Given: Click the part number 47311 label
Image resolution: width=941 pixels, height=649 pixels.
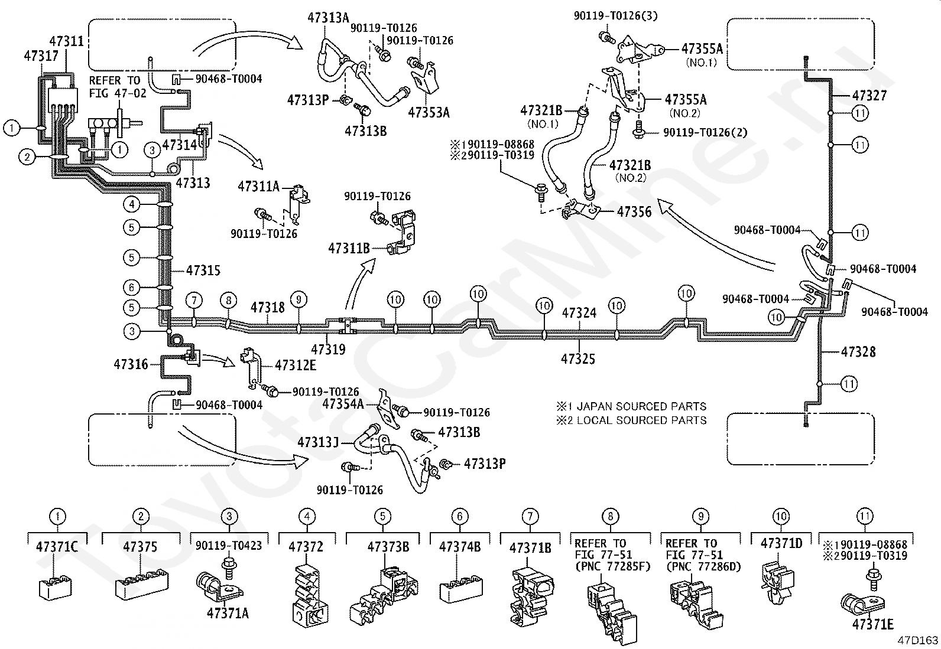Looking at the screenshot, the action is point(66,41).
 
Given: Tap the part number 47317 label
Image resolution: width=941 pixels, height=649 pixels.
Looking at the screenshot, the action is point(41,56).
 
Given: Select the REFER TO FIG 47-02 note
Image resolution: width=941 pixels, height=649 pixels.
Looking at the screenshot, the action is point(117,87).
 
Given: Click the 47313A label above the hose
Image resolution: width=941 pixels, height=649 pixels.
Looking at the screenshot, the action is point(329,18).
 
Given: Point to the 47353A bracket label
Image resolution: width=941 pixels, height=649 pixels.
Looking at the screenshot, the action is point(429,113).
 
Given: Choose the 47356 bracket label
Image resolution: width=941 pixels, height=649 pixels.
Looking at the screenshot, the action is point(634,211).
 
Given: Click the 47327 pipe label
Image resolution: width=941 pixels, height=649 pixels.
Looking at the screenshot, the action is point(869,96).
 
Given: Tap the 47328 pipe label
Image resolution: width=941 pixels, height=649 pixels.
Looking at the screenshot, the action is point(858,352).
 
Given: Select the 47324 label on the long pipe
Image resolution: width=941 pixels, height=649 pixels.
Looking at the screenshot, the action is point(579,313).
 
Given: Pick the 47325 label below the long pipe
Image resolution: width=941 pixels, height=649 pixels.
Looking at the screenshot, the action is point(578,358).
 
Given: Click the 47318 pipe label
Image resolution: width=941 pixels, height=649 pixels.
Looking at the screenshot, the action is point(268,308).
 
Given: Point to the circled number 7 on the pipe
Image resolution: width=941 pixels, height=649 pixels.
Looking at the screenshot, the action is point(194,301).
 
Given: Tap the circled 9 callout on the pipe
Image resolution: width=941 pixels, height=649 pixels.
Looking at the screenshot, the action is point(298,300).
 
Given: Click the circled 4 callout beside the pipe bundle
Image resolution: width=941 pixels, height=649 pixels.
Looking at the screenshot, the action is point(131,204).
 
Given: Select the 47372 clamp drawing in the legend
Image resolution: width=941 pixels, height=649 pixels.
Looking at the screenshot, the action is point(310,595).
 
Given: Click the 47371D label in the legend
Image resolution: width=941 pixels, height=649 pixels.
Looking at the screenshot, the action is point(781,544).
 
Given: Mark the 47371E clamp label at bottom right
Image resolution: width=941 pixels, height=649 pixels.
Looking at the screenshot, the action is point(873,625).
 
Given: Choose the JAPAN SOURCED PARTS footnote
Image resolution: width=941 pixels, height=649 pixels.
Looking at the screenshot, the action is point(631,406).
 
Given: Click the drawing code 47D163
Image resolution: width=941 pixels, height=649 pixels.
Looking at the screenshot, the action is point(918,640).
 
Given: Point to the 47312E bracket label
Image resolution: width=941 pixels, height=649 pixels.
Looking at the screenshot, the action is point(296,365).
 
